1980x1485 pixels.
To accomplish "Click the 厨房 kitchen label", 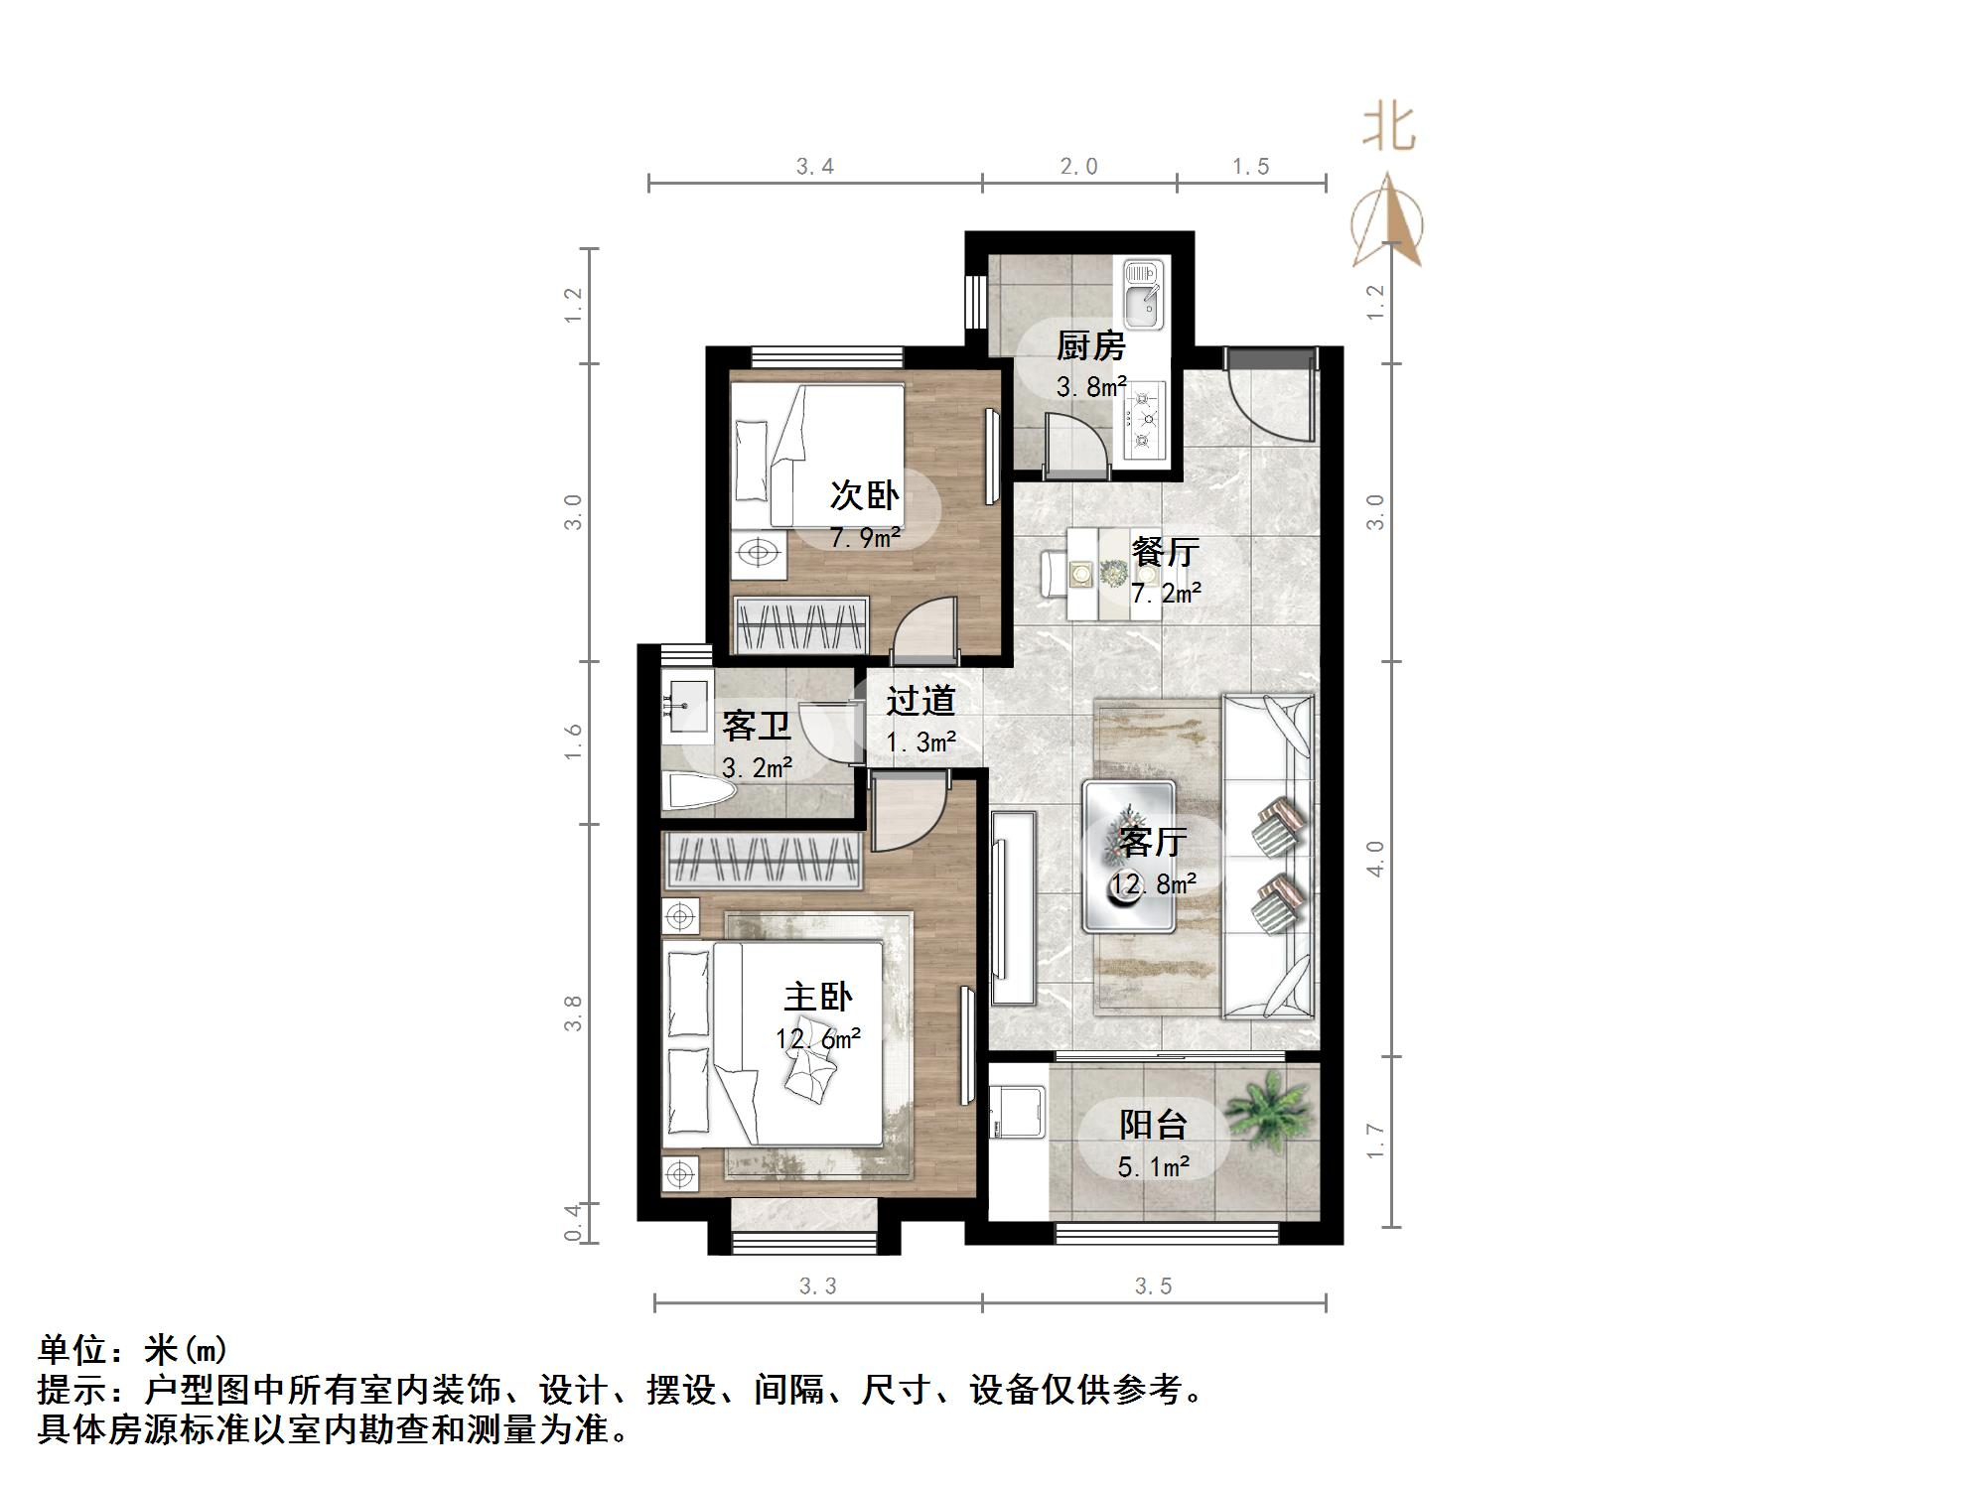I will coord(1089,345).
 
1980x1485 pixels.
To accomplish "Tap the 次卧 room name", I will coord(864,495).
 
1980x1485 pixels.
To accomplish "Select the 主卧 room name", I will coord(818,997).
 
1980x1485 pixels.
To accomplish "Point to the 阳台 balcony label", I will coord(1153,1125).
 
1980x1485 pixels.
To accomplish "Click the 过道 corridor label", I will coord(920,701).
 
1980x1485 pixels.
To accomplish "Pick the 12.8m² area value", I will coord(1153,883).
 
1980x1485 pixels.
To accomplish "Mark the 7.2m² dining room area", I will coord(1166,594).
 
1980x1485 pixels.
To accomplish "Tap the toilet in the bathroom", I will coord(699,792).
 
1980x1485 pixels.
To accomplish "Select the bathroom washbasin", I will coord(686,704).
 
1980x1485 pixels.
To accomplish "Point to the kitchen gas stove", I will coord(1144,420).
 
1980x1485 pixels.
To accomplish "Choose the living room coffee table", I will coord(1130,857).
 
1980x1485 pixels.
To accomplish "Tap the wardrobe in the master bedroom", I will coord(762,859).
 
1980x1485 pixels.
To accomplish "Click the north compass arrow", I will coord(1387,222).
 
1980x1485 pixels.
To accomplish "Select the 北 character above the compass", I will coord(1387,129).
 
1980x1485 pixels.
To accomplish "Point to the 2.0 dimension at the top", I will coord(1078,167).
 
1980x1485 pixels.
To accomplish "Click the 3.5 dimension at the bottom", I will coord(1153,1286).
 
